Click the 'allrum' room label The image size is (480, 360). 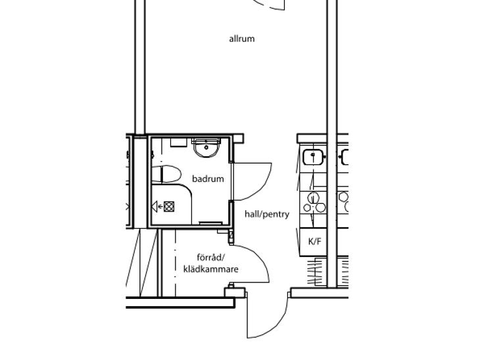coord(242,39)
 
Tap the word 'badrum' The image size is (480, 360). coord(208,179)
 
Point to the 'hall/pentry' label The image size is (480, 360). coord(267,214)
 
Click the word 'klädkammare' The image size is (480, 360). coord(210,269)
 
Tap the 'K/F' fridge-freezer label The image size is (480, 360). coord(315,242)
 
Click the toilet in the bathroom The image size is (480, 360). coord(166,173)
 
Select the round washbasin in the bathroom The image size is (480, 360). coord(206,148)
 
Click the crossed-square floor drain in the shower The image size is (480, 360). coord(169,206)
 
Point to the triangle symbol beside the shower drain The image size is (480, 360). coord(155,206)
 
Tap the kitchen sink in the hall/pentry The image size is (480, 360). coord(313,157)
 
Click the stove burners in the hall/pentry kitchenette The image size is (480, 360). coord(314,202)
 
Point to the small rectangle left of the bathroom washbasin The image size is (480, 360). coord(178,143)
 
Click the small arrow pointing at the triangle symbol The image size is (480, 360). coord(160,207)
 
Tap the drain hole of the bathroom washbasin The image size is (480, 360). coord(206,148)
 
